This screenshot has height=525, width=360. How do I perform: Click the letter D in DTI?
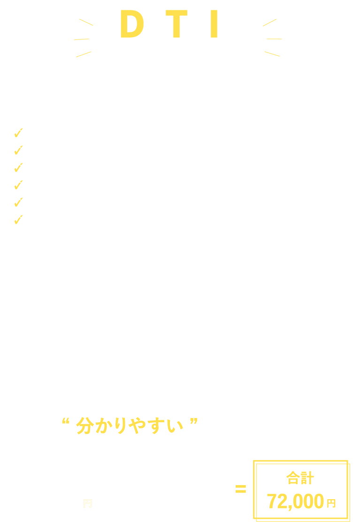(x=132, y=24)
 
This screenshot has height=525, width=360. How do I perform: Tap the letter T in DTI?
(x=176, y=24)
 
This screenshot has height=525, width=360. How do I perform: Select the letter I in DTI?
(x=214, y=24)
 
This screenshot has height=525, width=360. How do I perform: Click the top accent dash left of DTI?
(x=86, y=22)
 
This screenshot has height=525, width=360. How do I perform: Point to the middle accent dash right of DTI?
(x=274, y=39)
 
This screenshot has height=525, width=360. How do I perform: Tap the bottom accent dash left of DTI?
(x=84, y=54)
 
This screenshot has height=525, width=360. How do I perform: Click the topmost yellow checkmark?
(x=18, y=133)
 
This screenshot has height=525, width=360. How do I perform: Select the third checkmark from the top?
(x=18, y=167)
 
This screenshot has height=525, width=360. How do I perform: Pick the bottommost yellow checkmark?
(x=18, y=219)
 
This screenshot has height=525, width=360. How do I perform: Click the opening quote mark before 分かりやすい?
(x=66, y=421)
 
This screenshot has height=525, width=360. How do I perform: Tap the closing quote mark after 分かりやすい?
(x=194, y=421)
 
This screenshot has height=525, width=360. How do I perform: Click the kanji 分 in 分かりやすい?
(x=85, y=425)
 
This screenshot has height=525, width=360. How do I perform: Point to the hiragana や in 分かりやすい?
(x=137, y=425)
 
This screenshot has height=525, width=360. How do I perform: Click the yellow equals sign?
(x=241, y=489)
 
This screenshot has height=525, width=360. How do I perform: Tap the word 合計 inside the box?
(x=300, y=478)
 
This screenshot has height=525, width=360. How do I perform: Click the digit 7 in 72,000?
(x=272, y=501)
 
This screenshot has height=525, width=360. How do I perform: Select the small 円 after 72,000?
(x=331, y=503)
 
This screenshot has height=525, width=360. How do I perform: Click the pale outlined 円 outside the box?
(x=88, y=503)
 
